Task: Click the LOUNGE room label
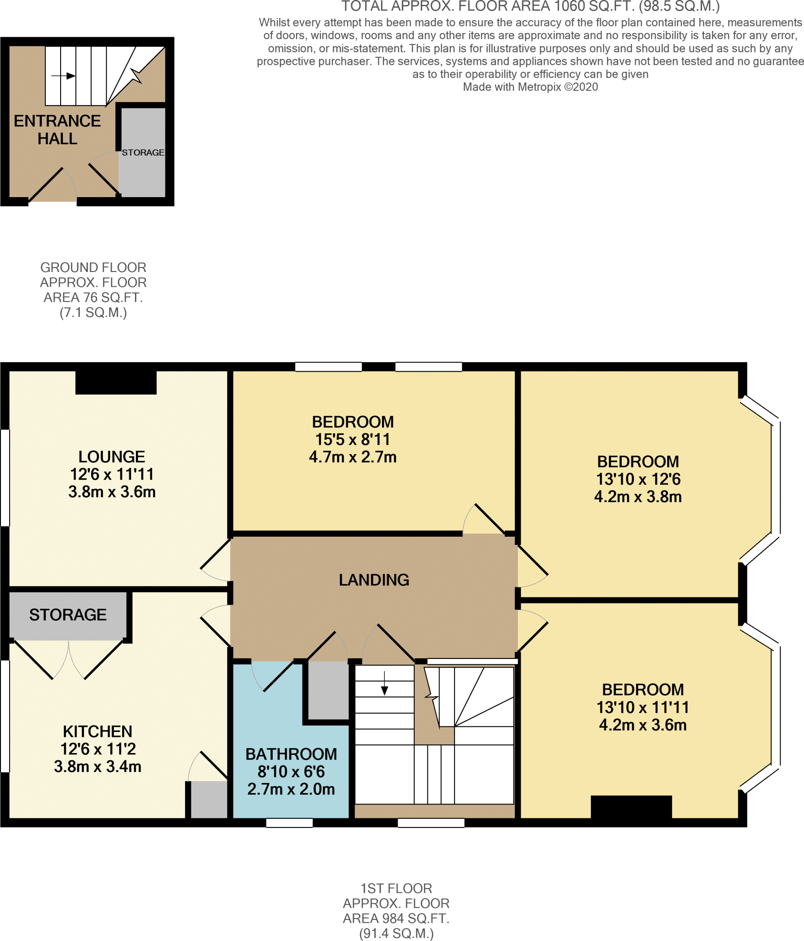[112, 457]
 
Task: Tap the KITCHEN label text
[97, 731]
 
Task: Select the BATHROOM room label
[291, 754]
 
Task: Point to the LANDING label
[374, 580]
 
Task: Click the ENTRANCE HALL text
[57, 130]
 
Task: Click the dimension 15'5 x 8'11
[352, 440]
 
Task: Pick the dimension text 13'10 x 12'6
[638, 479]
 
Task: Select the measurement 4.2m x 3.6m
[642, 725]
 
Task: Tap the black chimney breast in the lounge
[116, 383]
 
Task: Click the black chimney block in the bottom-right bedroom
[631, 807]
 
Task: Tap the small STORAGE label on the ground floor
[143, 153]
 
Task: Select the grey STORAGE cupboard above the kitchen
[67, 615]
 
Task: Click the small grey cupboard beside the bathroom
[328, 690]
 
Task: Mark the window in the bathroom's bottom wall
[289, 823]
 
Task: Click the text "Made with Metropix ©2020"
[530, 87]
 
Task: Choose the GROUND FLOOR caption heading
[93, 267]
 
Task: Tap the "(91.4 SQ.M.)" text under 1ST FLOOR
[396, 933]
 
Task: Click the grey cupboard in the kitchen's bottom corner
[209, 800]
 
